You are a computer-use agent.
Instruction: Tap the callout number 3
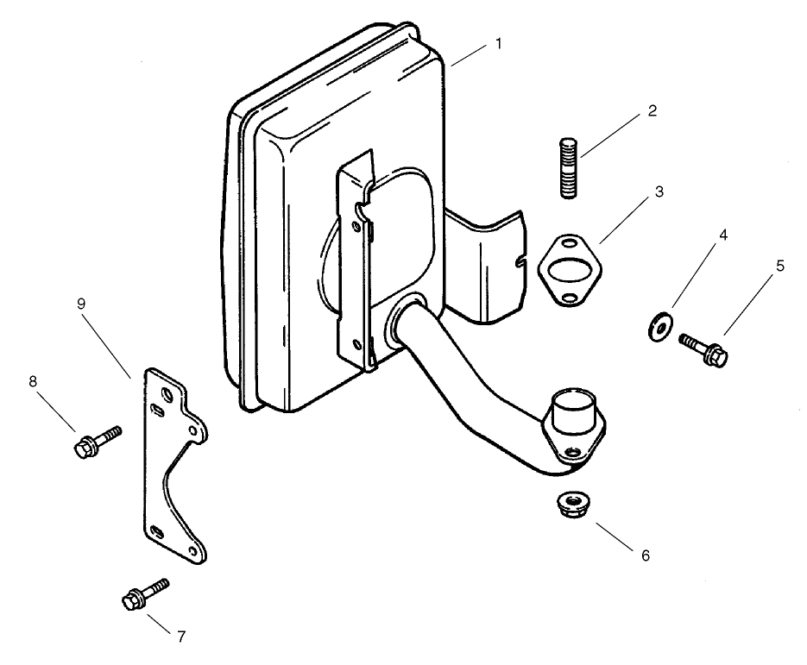tap(659, 191)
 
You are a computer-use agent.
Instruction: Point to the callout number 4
tap(722, 234)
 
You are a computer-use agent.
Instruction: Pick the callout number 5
tap(780, 267)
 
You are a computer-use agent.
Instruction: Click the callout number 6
tap(645, 555)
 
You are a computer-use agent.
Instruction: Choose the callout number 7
tap(180, 637)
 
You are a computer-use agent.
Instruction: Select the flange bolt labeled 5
tap(705, 348)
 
